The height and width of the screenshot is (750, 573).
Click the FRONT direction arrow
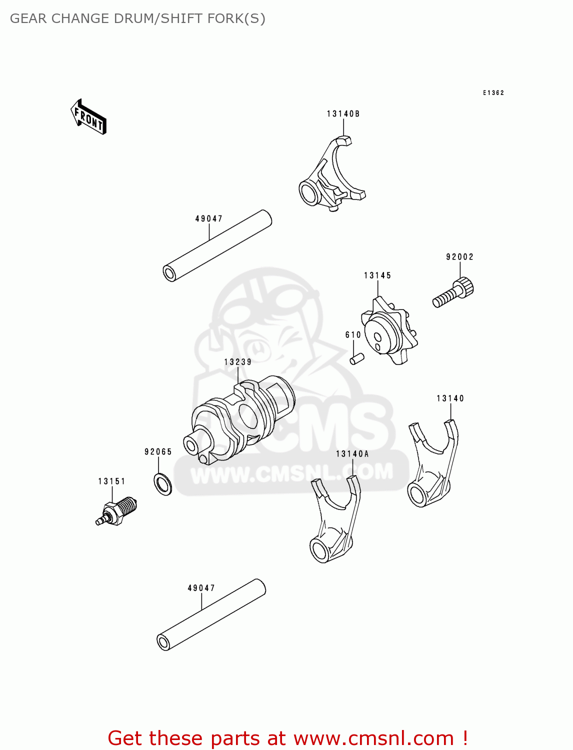click(89, 117)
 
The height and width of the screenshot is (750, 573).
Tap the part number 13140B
click(343, 114)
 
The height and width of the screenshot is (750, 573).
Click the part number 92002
click(459, 257)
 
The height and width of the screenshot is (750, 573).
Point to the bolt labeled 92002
click(452, 293)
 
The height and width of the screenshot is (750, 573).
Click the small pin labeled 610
click(356, 359)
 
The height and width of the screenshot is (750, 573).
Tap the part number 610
click(353, 335)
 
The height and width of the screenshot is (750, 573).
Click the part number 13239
click(237, 362)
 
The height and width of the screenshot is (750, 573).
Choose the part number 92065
click(158, 452)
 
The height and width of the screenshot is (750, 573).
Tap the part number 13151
click(111, 481)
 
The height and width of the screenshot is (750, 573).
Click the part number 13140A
click(352, 454)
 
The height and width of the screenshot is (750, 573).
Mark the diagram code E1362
click(493, 93)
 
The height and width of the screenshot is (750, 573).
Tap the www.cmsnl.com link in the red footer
click(373, 738)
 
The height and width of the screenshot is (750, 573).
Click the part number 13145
click(377, 275)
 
